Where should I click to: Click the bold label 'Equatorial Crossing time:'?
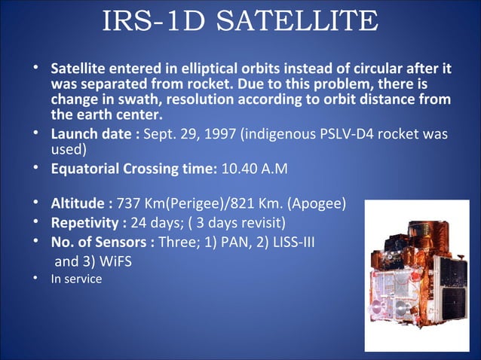click(133, 168)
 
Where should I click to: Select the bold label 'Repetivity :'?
click(89, 224)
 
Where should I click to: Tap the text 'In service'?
click(75, 279)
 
